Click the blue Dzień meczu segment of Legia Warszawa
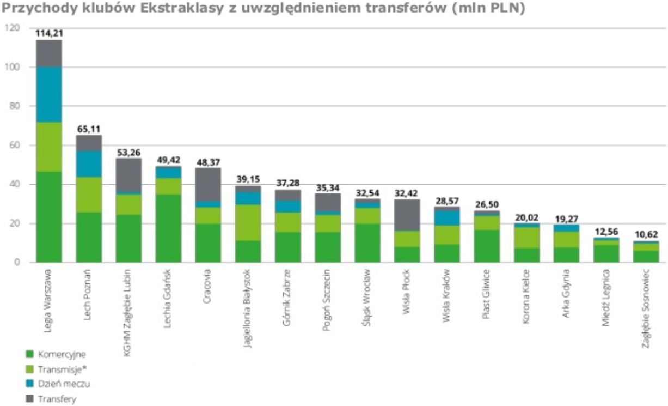[49, 94]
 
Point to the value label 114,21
[49, 33]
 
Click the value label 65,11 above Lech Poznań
[89, 130]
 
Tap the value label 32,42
[407, 193]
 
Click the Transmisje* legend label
[63, 369]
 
